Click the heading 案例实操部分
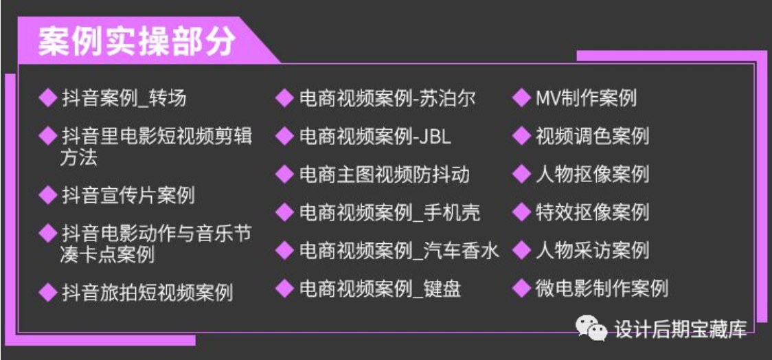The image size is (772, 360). [137, 43]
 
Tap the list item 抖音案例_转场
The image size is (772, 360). [124, 98]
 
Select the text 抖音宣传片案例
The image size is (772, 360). [128, 196]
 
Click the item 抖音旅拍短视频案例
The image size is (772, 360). [147, 293]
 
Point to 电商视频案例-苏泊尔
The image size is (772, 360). [387, 98]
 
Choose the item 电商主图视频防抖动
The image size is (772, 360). [385, 175]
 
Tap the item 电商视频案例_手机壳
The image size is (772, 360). [390, 212]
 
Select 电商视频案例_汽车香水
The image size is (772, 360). [399, 251]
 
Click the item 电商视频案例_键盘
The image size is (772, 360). [380, 289]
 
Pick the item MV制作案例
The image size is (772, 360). [587, 98]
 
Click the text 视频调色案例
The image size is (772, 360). [592, 136]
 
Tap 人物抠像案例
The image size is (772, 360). [592, 175]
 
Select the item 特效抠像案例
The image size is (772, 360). [592, 212]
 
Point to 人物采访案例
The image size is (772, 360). [592, 251]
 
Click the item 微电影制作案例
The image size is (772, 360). [602, 289]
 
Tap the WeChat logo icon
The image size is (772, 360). [591, 328]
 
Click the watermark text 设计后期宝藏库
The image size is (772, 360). [681, 329]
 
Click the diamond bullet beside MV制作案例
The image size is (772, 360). [521, 98]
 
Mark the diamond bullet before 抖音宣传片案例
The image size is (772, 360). [48, 195]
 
